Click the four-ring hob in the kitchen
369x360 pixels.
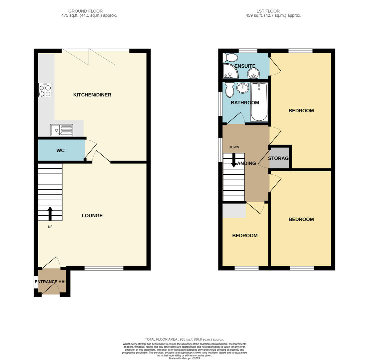coord(45,90)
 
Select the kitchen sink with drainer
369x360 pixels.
coord(61,130)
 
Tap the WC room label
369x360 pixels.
coord(60,151)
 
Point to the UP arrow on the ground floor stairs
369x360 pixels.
coord(50,213)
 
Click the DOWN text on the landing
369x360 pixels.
coord(234,147)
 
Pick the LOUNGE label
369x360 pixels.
coord(92,216)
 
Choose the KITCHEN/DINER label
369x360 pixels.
coord(92,95)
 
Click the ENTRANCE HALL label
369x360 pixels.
coord(51,282)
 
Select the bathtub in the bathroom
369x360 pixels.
coord(259,102)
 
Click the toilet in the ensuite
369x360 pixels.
coord(230,58)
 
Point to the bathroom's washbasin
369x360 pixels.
coord(242,88)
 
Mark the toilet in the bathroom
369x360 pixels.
coord(229,90)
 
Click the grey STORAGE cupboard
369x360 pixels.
coord(279,158)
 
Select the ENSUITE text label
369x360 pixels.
coord(245,66)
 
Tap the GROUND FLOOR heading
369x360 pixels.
coord(85,11)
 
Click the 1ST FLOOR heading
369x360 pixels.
coord(268,11)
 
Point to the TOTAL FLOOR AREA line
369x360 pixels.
coord(184,339)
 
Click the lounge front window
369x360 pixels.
coord(104,268)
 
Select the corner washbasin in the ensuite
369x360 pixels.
coord(253,73)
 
